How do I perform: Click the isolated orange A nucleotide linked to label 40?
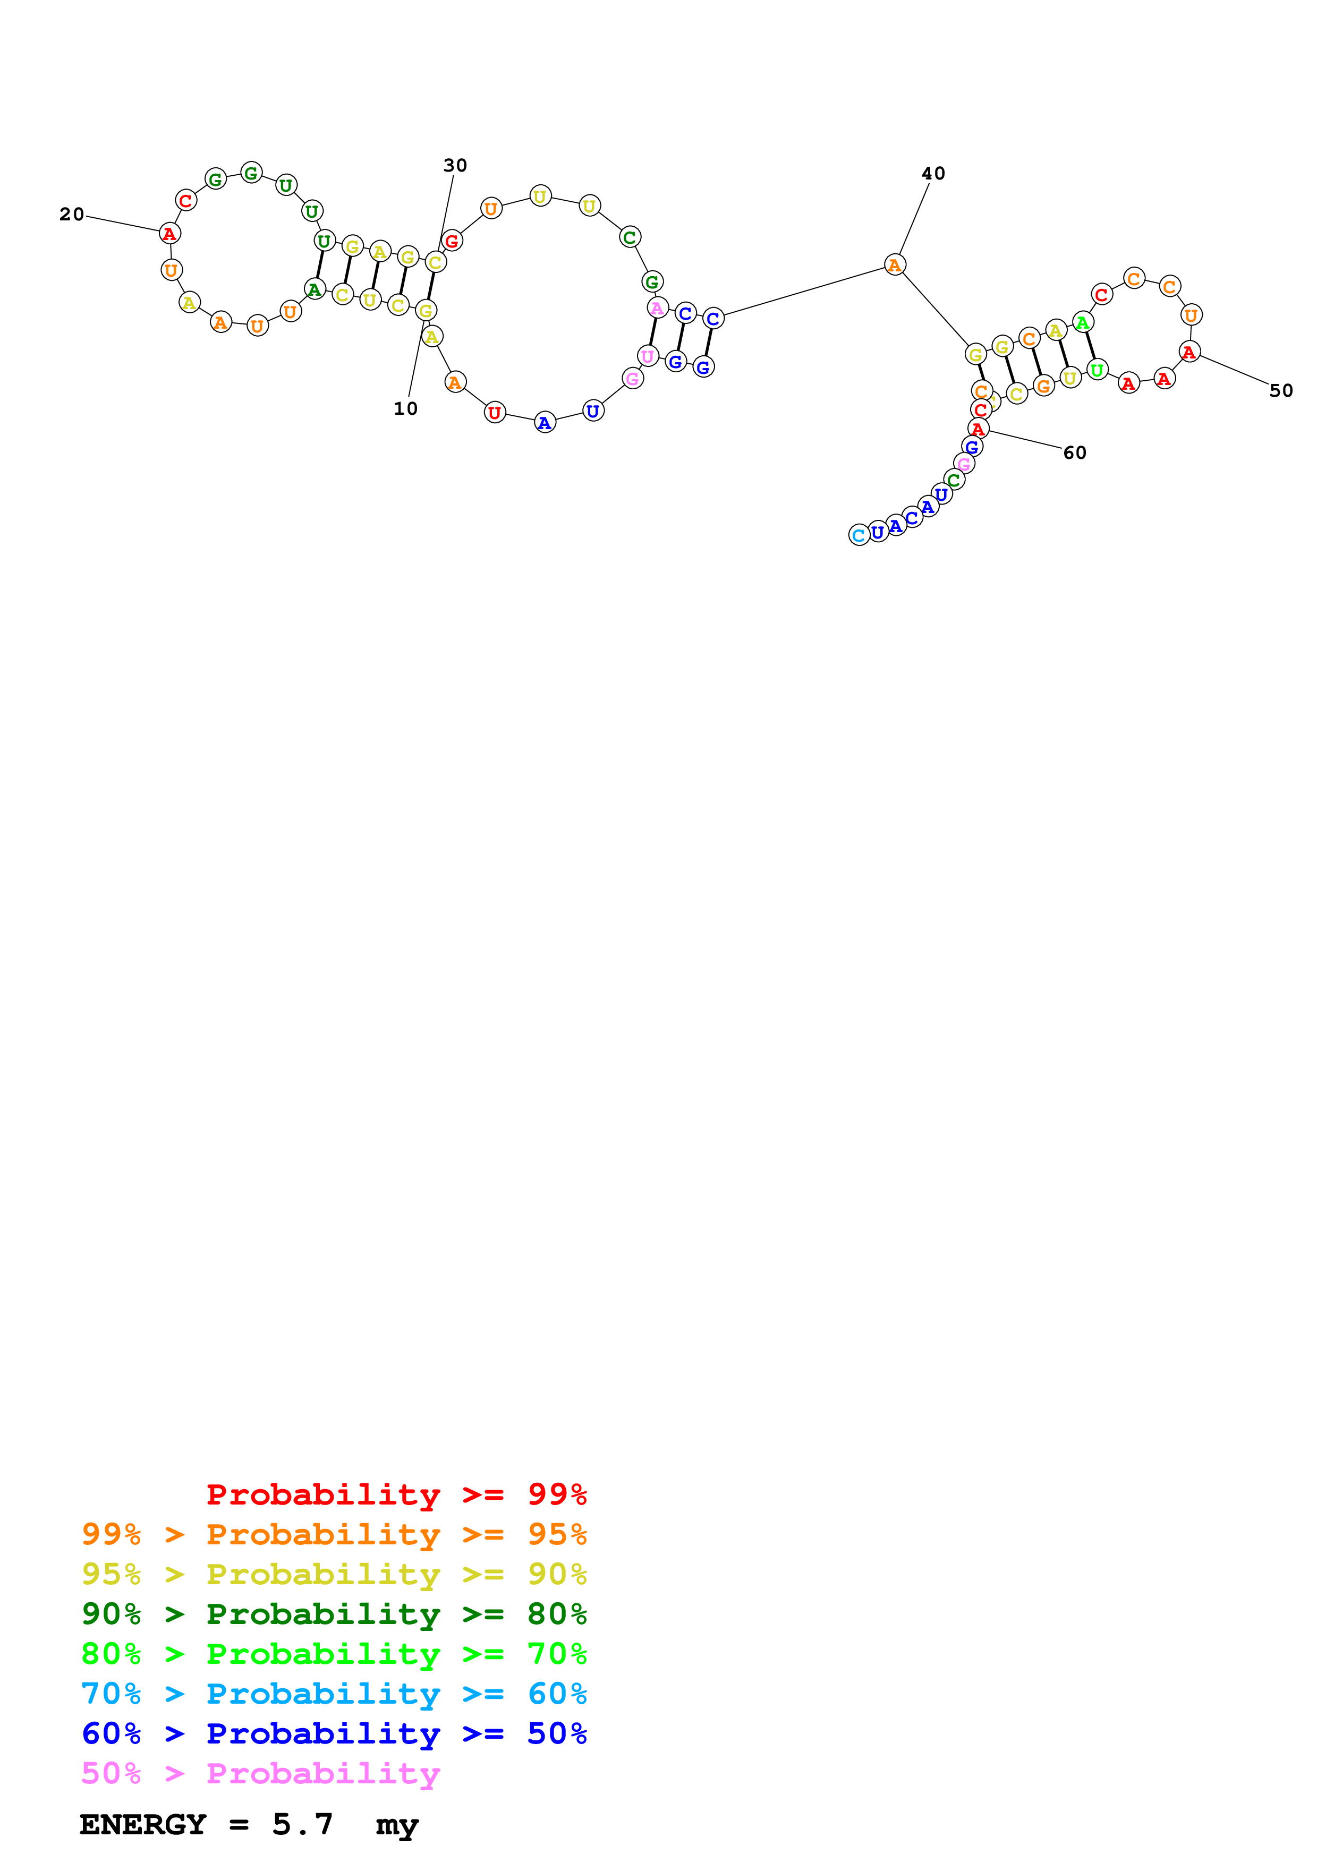tap(894, 266)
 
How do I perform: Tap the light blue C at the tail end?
tap(859, 535)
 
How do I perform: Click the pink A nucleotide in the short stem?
tap(657, 309)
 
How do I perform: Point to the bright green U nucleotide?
tap(1097, 371)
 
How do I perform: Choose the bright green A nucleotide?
tap(1083, 323)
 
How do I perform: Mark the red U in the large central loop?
tap(494, 413)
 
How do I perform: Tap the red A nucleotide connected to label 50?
tap(1189, 352)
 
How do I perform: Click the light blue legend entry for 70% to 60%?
tap(334, 1694)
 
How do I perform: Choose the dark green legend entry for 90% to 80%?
tap(334, 1614)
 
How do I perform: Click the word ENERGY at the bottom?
tap(143, 1824)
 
